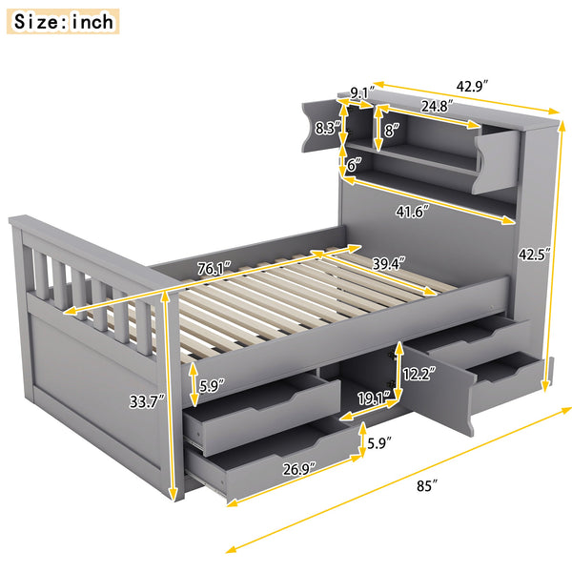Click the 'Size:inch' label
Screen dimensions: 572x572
point(64,20)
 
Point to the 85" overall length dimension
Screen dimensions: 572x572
point(427,486)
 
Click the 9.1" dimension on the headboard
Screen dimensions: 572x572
point(361,92)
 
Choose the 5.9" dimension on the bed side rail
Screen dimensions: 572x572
point(213,386)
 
